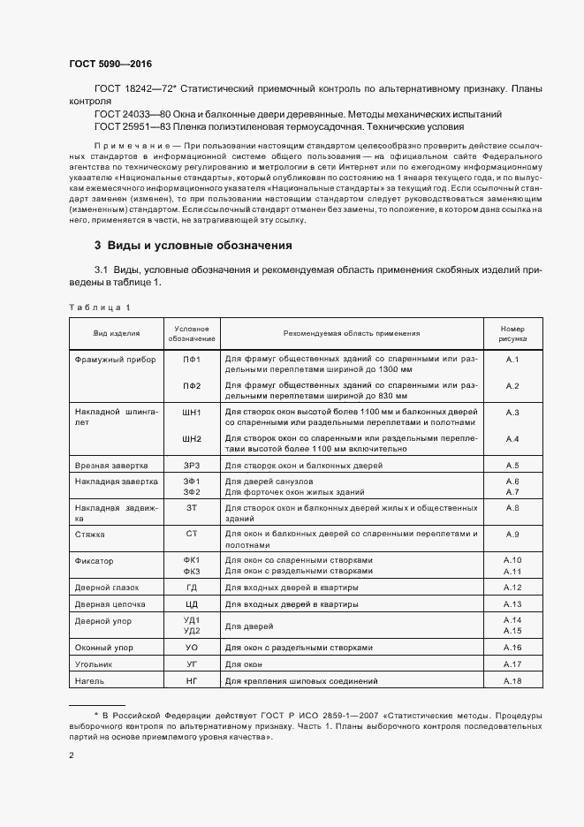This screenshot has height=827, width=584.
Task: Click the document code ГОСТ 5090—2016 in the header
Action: click(110, 64)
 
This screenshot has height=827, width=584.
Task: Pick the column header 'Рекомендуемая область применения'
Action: click(352, 333)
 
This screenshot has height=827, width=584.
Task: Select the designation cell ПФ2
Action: click(192, 386)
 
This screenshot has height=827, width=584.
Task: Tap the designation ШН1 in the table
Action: click(192, 413)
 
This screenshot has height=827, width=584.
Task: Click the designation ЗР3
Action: click(192, 465)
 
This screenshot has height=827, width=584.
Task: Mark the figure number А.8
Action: click(512, 508)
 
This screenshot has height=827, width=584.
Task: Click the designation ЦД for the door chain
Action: click(192, 604)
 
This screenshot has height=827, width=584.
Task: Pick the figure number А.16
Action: click(512, 648)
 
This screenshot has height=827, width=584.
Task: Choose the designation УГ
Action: click(192, 664)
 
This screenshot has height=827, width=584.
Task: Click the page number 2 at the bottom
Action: click(71, 755)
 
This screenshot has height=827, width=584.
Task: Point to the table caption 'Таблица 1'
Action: click(100, 307)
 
